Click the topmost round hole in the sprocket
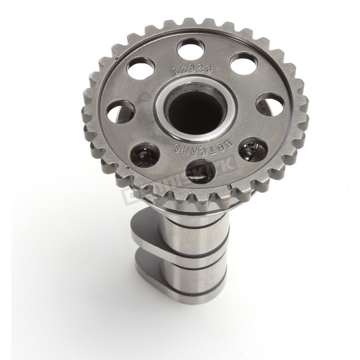pyautogui.click(x=191, y=49)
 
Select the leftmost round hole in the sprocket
pyautogui.click(x=120, y=111)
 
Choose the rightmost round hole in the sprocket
pyautogui.click(x=271, y=104)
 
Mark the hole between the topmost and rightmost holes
pyautogui.click(x=244, y=64)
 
